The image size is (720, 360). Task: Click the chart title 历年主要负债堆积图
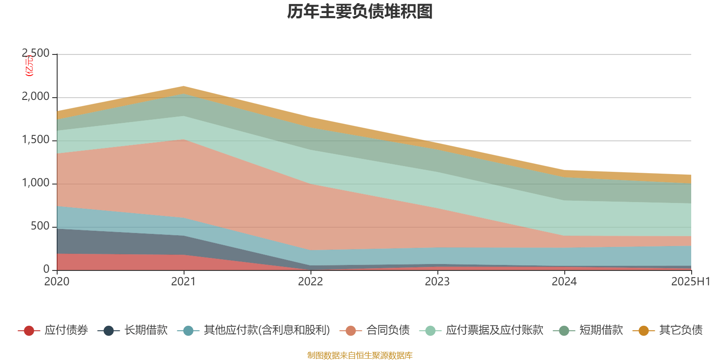click(x=360, y=12)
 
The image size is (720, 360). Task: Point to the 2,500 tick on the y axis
click(x=36, y=54)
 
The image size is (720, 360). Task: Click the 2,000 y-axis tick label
click(x=36, y=97)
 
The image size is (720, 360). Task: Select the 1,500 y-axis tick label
click(x=36, y=140)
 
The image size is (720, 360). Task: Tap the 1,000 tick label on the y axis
click(x=36, y=183)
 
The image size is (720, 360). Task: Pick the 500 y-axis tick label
click(x=40, y=226)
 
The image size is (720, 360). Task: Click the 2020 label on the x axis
click(x=57, y=282)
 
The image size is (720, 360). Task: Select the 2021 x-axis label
click(x=184, y=282)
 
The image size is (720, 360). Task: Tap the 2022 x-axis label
click(x=310, y=282)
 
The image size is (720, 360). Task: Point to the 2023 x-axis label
click(x=437, y=282)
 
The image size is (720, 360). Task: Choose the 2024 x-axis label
click(x=564, y=282)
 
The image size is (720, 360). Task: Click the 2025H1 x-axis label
click(x=690, y=282)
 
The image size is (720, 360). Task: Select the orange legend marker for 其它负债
click(x=643, y=331)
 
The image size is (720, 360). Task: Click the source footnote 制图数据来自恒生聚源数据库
click(x=360, y=355)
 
